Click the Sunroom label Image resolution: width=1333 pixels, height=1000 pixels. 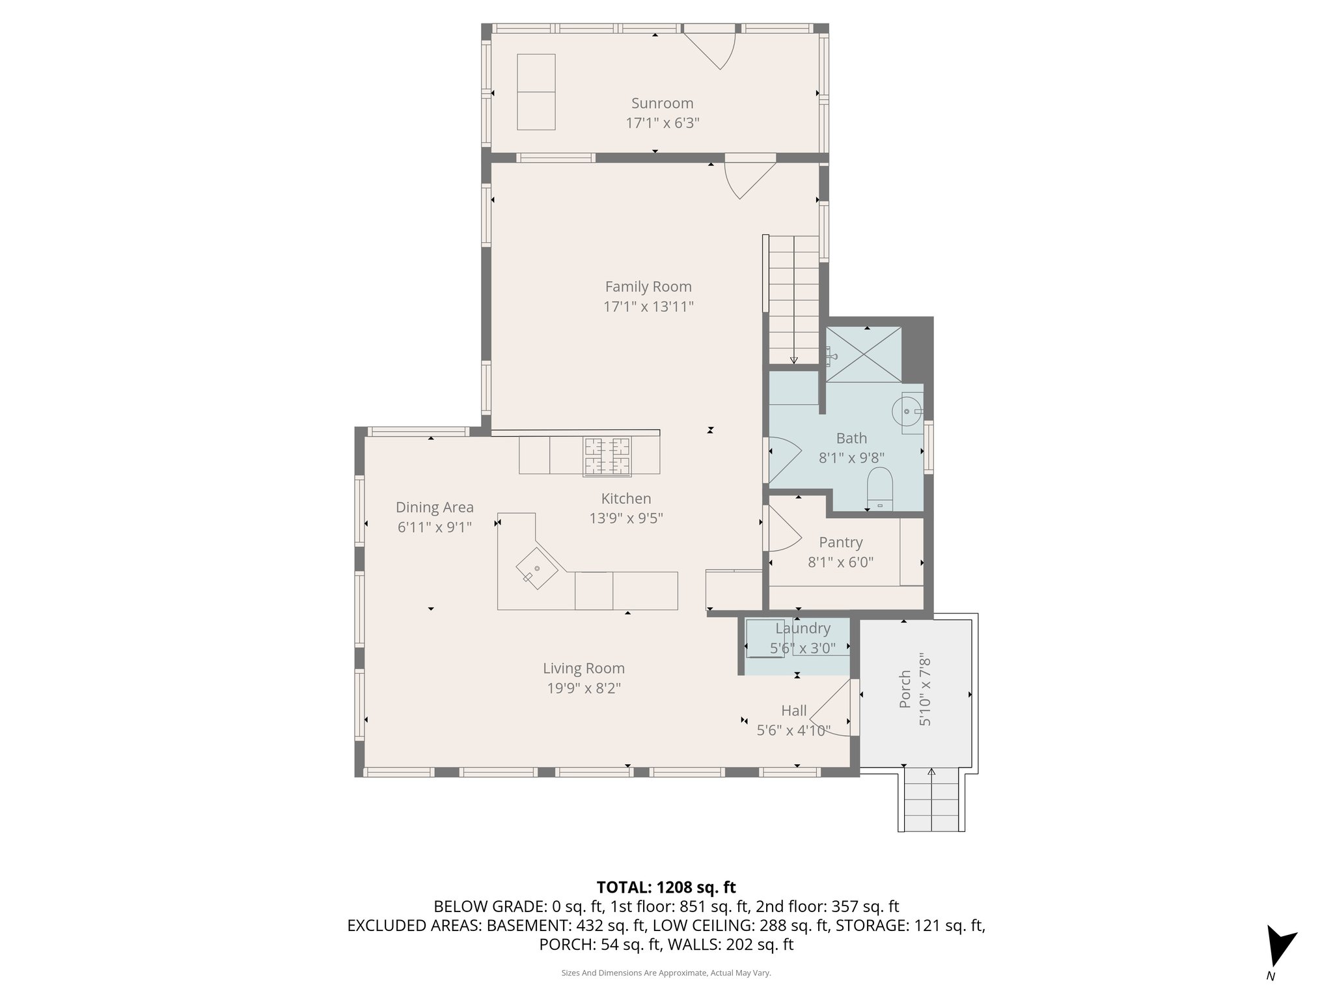(662, 103)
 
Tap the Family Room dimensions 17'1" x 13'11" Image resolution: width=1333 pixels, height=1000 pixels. (648, 307)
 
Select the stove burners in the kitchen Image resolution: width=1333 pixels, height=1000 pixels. (607, 455)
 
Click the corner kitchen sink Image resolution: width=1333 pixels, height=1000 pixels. (537, 568)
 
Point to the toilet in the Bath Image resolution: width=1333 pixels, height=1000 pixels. (879, 488)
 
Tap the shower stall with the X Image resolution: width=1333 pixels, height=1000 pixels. (863, 354)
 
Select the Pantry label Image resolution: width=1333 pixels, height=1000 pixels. (840, 542)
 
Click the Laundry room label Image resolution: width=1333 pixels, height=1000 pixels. (803, 628)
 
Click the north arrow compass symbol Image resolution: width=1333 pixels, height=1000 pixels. (1278, 947)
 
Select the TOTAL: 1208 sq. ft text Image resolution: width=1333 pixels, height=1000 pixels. (666, 887)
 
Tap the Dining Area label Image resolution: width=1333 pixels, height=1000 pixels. (434, 507)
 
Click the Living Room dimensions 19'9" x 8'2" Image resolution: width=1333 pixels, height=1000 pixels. (584, 688)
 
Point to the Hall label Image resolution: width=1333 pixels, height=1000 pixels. (793, 710)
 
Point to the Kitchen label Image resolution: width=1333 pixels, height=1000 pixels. (625, 499)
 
